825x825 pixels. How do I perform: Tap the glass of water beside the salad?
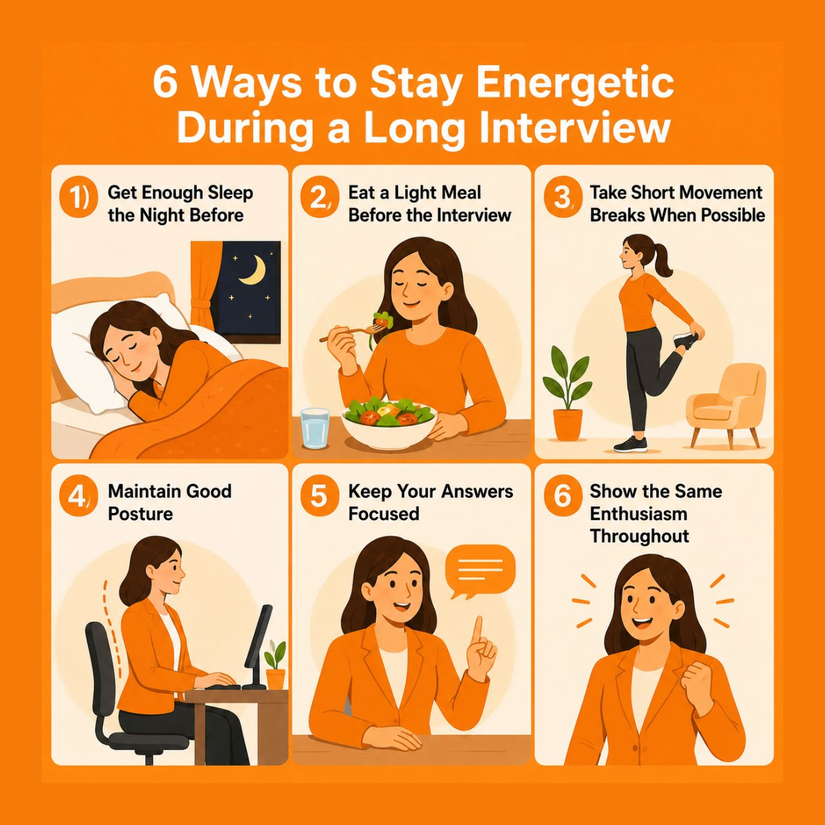tap(315, 428)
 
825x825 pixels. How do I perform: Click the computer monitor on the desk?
tap(259, 646)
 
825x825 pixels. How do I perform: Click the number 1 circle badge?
tap(76, 199)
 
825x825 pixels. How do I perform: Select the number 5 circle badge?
tap(318, 497)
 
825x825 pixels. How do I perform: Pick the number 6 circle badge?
tap(561, 497)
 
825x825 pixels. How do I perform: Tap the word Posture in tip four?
tap(141, 514)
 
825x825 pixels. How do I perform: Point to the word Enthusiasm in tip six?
tap(638, 514)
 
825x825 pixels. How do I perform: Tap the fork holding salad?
tap(352, 331)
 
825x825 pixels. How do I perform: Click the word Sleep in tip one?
tap(230, 193)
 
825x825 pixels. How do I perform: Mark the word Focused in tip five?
tap(383, 514)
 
